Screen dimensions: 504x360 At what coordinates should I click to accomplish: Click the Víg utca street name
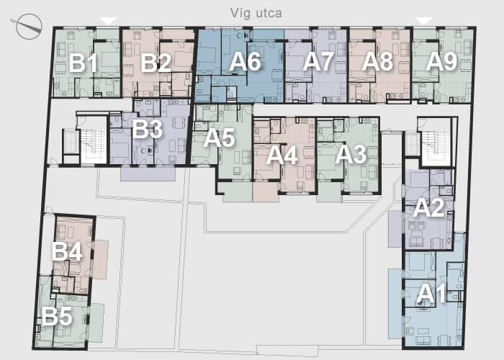[256, 14]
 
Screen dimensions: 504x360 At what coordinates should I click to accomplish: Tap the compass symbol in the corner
[29, 27]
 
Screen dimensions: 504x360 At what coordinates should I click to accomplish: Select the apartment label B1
[83, 63]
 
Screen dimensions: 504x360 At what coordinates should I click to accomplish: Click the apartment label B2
[156, 63]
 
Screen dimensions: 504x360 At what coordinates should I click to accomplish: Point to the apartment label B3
[147, 129]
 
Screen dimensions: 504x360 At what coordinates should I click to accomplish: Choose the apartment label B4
[67, 251]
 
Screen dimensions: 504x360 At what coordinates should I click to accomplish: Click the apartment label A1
[431, 294]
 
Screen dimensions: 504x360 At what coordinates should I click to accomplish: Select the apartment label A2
[428, 208]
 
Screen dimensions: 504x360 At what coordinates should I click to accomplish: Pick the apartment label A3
[351, 155]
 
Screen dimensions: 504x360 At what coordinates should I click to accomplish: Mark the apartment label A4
[282, 156]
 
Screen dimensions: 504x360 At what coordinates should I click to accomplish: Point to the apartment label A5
[219, 138]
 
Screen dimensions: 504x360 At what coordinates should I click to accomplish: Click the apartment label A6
[245, 62]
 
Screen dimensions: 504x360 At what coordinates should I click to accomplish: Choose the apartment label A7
[318, 62]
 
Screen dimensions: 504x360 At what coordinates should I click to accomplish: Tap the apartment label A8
[377, 62]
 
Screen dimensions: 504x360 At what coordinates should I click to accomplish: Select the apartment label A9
[441, 62]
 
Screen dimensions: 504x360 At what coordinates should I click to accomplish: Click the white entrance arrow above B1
[109, 21]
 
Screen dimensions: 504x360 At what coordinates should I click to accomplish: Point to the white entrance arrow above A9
[424, 21]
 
